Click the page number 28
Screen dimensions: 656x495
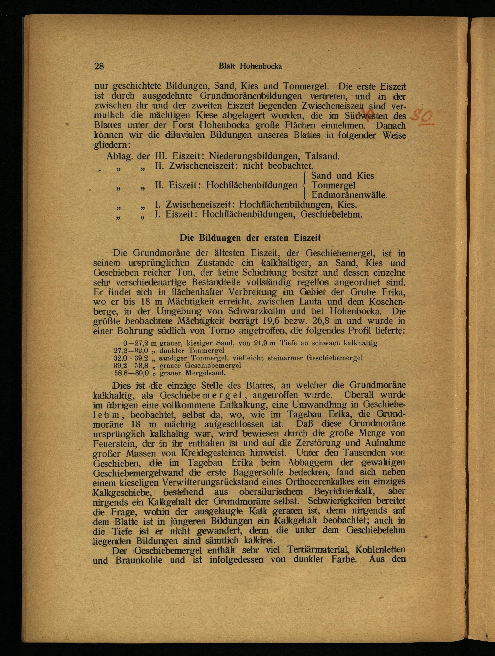point(99,66)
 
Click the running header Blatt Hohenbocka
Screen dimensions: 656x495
point(250,66)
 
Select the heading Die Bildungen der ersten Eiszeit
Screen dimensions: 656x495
point(251,238)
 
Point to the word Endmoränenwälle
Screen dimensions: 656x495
point(349,195)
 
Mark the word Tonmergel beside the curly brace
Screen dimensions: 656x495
point(333,185)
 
